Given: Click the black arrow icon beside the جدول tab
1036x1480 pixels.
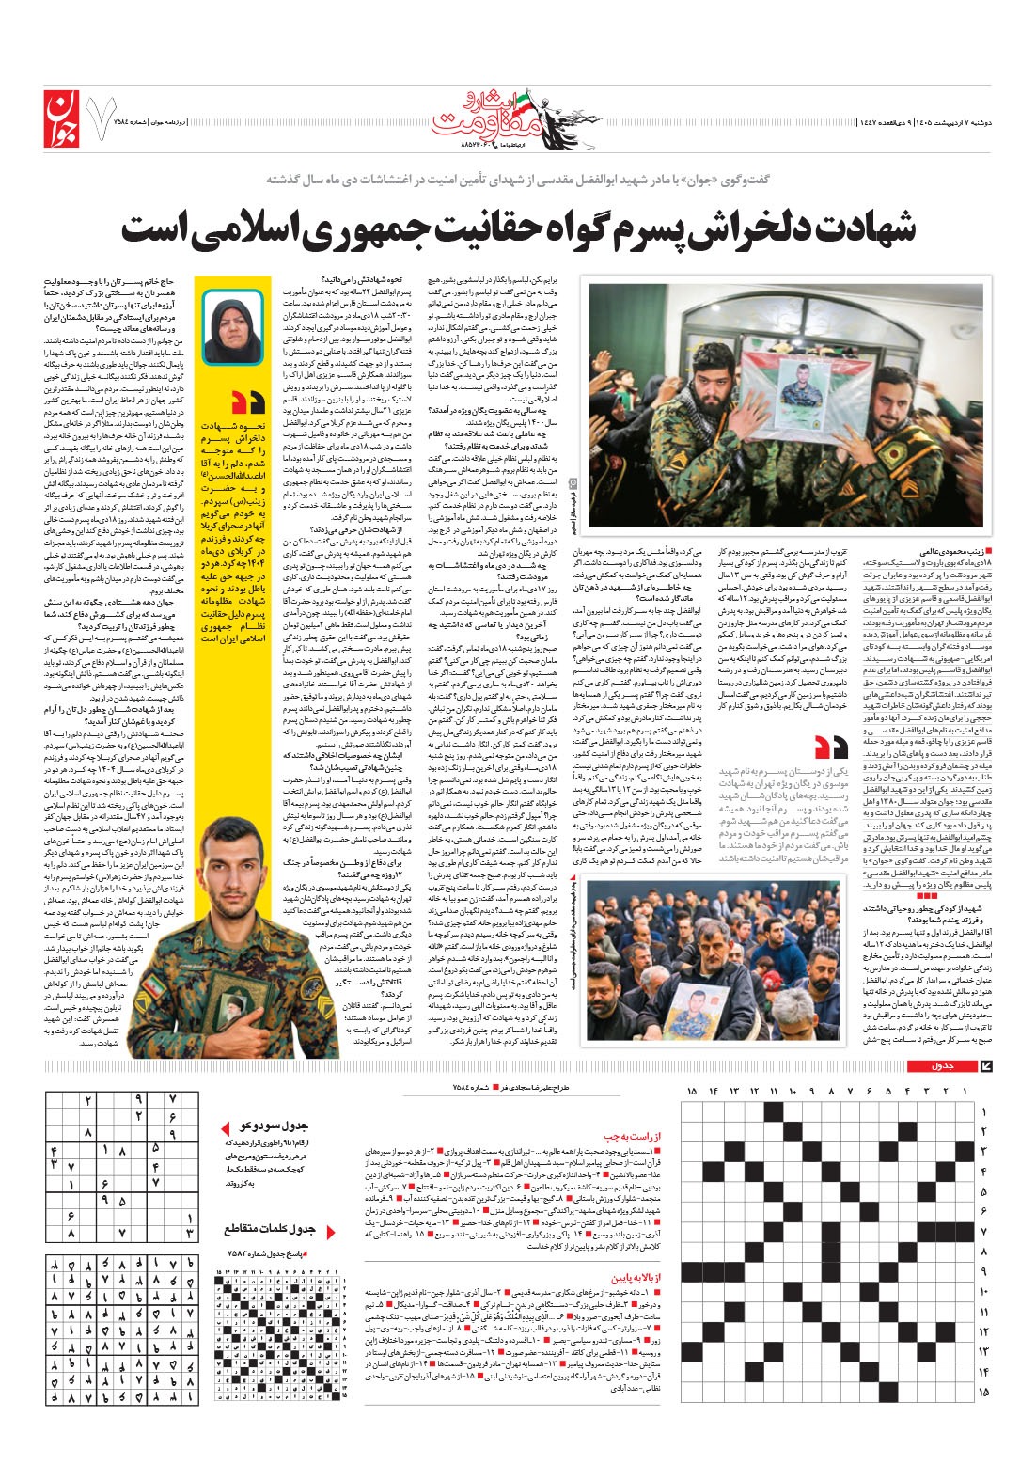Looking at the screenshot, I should pyautogui.click(x=985, y=1065).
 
